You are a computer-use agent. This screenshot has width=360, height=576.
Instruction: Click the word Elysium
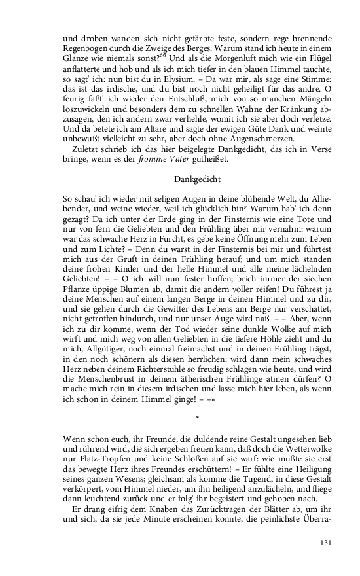tap(173, 77)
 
